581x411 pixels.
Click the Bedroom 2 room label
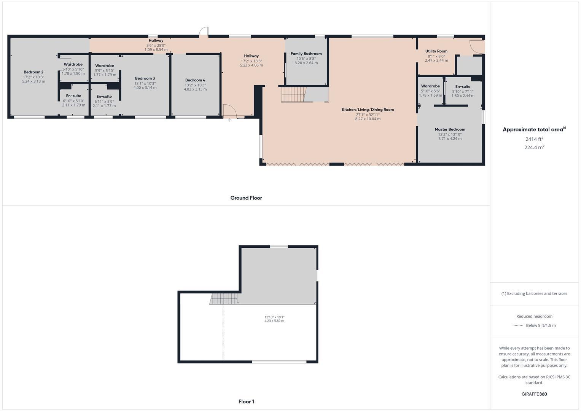point(33,72)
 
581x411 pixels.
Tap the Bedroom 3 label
point(145,78)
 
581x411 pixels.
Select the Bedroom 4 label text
point(195,80)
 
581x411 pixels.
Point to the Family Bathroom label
point(306,54)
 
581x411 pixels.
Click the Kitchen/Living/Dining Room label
point(368,110)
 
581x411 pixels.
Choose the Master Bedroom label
point(450,129)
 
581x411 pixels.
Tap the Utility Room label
point(436,51)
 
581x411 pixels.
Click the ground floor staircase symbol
point(293,94)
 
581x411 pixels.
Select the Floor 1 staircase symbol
point(224,299)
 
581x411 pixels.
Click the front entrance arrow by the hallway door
point(230,120)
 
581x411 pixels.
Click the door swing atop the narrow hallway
point(204,32)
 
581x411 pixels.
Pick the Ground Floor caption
point(246,198)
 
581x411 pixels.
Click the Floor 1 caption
point(246,401)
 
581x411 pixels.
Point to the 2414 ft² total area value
point(534,139)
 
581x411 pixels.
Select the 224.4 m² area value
point(534,147)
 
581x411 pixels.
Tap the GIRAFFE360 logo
point(534,394)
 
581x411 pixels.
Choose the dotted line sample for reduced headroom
point(518,325)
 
